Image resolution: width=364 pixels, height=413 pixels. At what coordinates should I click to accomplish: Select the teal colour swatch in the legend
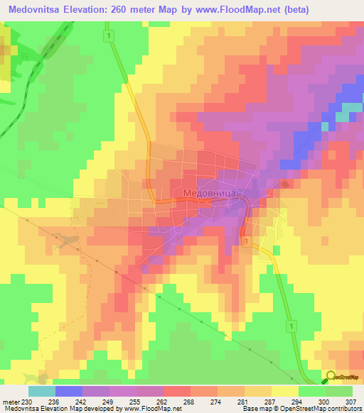tap(41, 391)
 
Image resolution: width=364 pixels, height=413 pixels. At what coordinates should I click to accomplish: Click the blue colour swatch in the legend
tap(68, 391)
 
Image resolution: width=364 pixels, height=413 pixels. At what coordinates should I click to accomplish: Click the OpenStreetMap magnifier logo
tap(331, 378)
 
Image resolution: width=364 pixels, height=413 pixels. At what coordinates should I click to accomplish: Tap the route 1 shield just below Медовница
tap(245, 243)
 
